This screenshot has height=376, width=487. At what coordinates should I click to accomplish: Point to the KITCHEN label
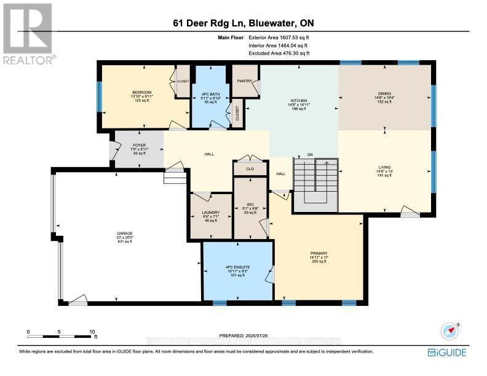(299, 101)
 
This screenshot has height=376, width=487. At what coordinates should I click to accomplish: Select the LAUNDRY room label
(210, 213)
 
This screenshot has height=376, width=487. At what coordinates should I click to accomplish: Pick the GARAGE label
(125, 233)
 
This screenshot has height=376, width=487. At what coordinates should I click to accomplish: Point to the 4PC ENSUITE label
(237, 267)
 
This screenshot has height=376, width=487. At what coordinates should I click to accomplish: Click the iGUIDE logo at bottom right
(447, 352)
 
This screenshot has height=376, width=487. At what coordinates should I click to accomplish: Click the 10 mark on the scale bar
(91, 332)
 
